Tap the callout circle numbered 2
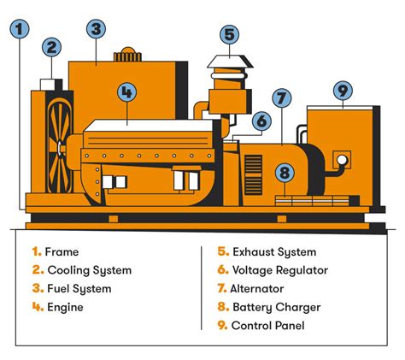tap(52, 49)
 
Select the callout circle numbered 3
tap(96, 29)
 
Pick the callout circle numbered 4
tap(127, 91)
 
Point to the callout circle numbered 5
tap(228, 34)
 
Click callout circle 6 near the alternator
tap(261, 122)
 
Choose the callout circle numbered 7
tap(282, 98)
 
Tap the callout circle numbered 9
tap(343, 91)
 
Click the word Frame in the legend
tap(61, 252)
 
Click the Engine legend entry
tap(64, 307)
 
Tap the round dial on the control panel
tap(343, 160)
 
